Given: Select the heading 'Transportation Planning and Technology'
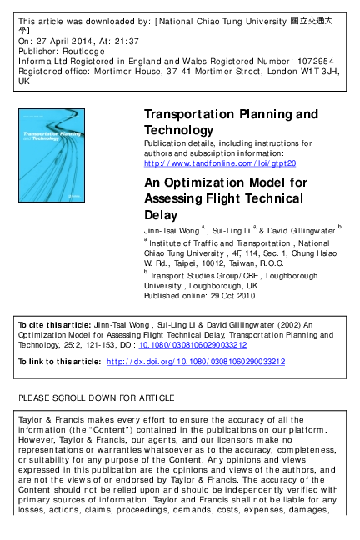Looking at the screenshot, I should (x=231, y=122).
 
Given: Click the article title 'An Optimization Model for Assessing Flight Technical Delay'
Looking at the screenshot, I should (x=226, y=198).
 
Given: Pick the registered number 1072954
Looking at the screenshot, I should (x=312, y=61).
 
